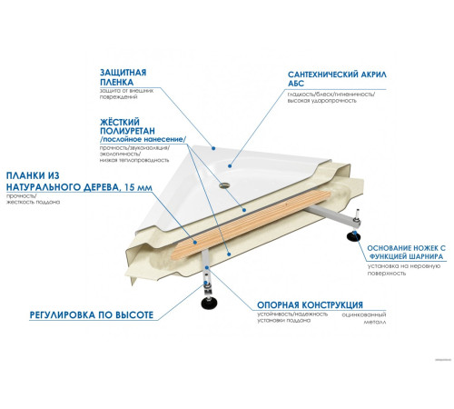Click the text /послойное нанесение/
[147, 139]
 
